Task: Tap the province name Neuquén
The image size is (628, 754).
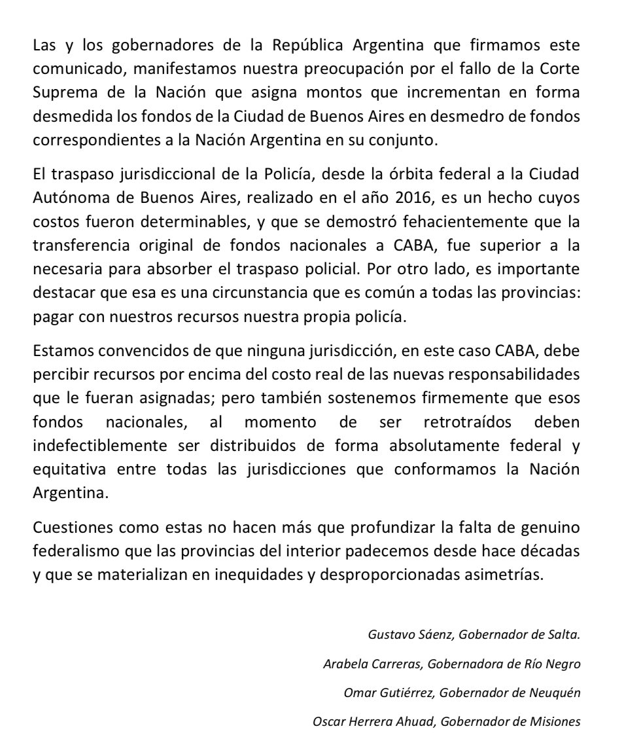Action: coord(556,693)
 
